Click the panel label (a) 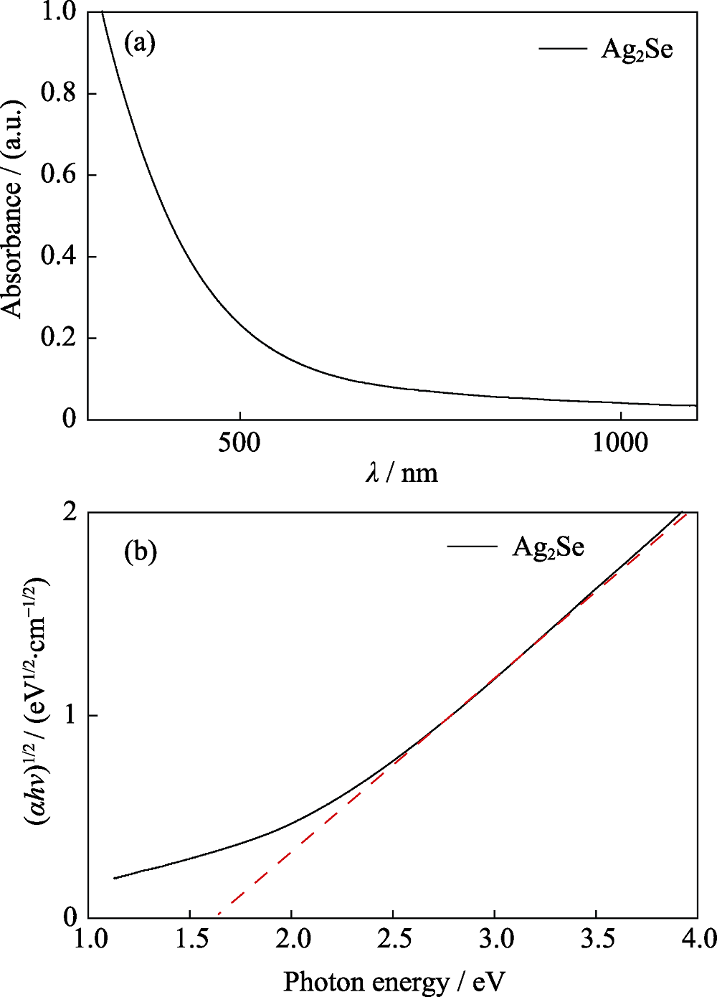pos(140,43)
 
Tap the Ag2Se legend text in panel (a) pos(637,49)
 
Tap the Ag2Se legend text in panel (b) pos(548,547)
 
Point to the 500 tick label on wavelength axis pos(239,443)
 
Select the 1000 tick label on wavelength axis pos(620,443)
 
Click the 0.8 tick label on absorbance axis pos(59,93)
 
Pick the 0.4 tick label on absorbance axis pos(59,256)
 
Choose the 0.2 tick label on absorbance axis pos(59,338)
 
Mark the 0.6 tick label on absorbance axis pos(59,175)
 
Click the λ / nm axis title pos(402,473)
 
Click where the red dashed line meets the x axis pos(218,917)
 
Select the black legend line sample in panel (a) pos(563,49)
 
